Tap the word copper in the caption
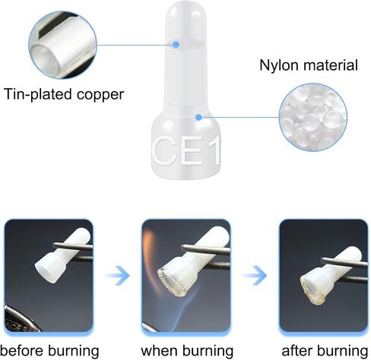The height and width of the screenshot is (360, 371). point(100,95)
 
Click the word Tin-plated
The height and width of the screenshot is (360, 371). point(38,94)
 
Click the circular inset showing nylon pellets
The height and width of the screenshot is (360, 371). point(313,117)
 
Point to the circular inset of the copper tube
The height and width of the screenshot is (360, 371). point(63,45)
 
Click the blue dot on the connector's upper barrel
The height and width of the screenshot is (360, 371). point(176,45)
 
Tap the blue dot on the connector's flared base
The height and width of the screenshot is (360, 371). point(198,117)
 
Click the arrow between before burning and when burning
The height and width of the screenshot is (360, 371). point(118,276)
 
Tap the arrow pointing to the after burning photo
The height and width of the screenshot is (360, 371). point(255,276)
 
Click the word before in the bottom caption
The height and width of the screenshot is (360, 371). point(22,351)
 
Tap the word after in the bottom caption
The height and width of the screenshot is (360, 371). point(297,351)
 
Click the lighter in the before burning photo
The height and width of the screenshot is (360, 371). point(21,320)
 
